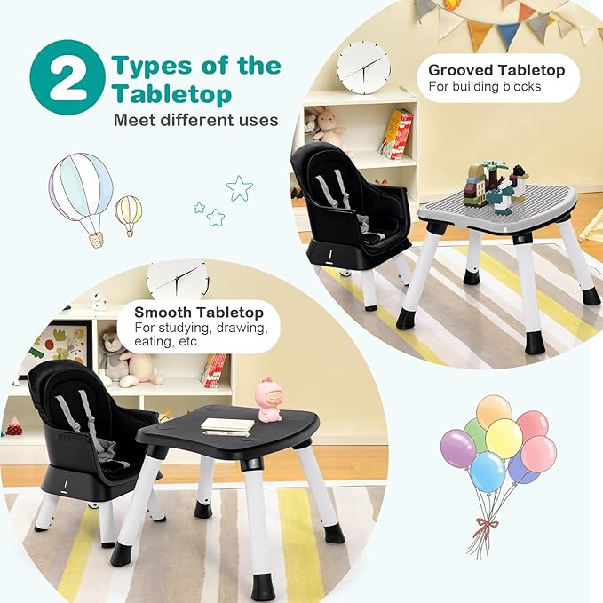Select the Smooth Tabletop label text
(x=198, y=312)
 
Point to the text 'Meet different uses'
(x=195, y=120)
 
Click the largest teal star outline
(x=239, y=187)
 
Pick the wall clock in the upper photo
(x=362, y=67)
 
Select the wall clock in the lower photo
(x=178, y=280)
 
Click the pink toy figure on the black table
(x=268, y=400)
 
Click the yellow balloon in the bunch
(x=504, y=438)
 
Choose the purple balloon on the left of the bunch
(x=458, y=448)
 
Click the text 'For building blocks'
(x=485, y=87)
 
